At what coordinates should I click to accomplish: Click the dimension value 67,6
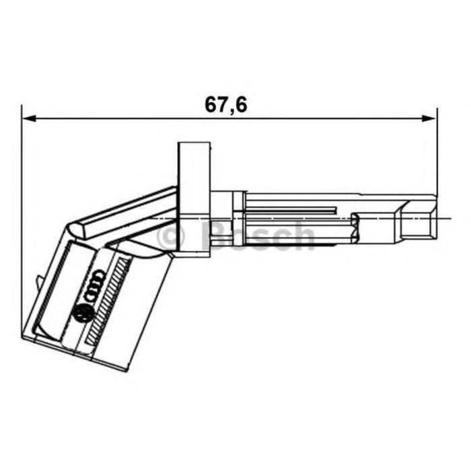(x=225, y=104)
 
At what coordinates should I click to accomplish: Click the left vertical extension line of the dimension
(x=22, y=222)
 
